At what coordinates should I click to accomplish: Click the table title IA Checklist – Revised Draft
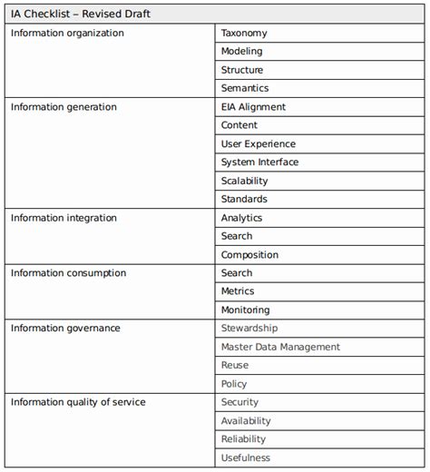tap(81, 15)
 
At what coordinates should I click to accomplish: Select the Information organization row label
tap(67, 34)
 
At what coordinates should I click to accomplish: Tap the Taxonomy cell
tap(244, 34)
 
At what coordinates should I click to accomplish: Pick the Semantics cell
tap(245, 89)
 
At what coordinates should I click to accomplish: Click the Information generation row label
tap(64, 107)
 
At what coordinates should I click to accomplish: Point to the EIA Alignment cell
tap(253, 107)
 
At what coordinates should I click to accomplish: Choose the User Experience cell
tap(258, 144)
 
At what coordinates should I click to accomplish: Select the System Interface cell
tap(259, 162)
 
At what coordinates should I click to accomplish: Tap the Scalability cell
tap(244, 181)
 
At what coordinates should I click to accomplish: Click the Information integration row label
tap(64, 218)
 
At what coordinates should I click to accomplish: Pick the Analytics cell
tap(241, 218)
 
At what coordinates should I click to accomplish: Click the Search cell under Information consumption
tap(237, 273)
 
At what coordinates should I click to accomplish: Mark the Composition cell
tap(249, 255)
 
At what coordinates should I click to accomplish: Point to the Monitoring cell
tap(245, 310)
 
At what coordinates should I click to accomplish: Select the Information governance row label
tap(65, 329)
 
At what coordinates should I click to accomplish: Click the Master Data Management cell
tap(280, 347)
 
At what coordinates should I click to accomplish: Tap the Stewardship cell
tap(249, 329)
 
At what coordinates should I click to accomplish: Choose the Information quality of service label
tap(78, 402)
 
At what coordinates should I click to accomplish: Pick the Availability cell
tap(246, 421)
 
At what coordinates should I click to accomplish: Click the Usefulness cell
tap(246, 458)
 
